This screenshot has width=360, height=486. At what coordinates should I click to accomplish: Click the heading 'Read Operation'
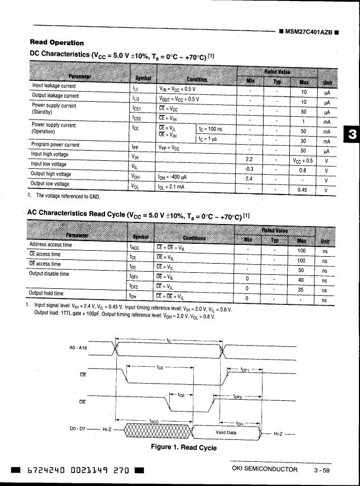point(57,42)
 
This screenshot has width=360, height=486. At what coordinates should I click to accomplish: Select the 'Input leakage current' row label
point(54,86)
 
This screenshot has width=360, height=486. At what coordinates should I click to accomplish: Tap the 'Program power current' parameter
point(56,145)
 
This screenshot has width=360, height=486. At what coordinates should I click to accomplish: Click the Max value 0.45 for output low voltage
point(302,189)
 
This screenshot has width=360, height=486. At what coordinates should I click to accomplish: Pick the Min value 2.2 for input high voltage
point(249,159)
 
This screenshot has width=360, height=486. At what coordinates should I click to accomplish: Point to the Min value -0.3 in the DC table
point(249,169)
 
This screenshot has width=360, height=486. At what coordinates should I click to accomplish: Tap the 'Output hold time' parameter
point(46,294)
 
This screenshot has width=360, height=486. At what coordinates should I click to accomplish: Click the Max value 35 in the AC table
point(301,290)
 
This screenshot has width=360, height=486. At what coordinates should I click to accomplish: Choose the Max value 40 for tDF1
point(301,280)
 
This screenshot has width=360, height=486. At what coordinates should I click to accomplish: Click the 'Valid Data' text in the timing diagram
point(226,432)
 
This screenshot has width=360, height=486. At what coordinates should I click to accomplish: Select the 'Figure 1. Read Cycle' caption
point(184,447)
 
